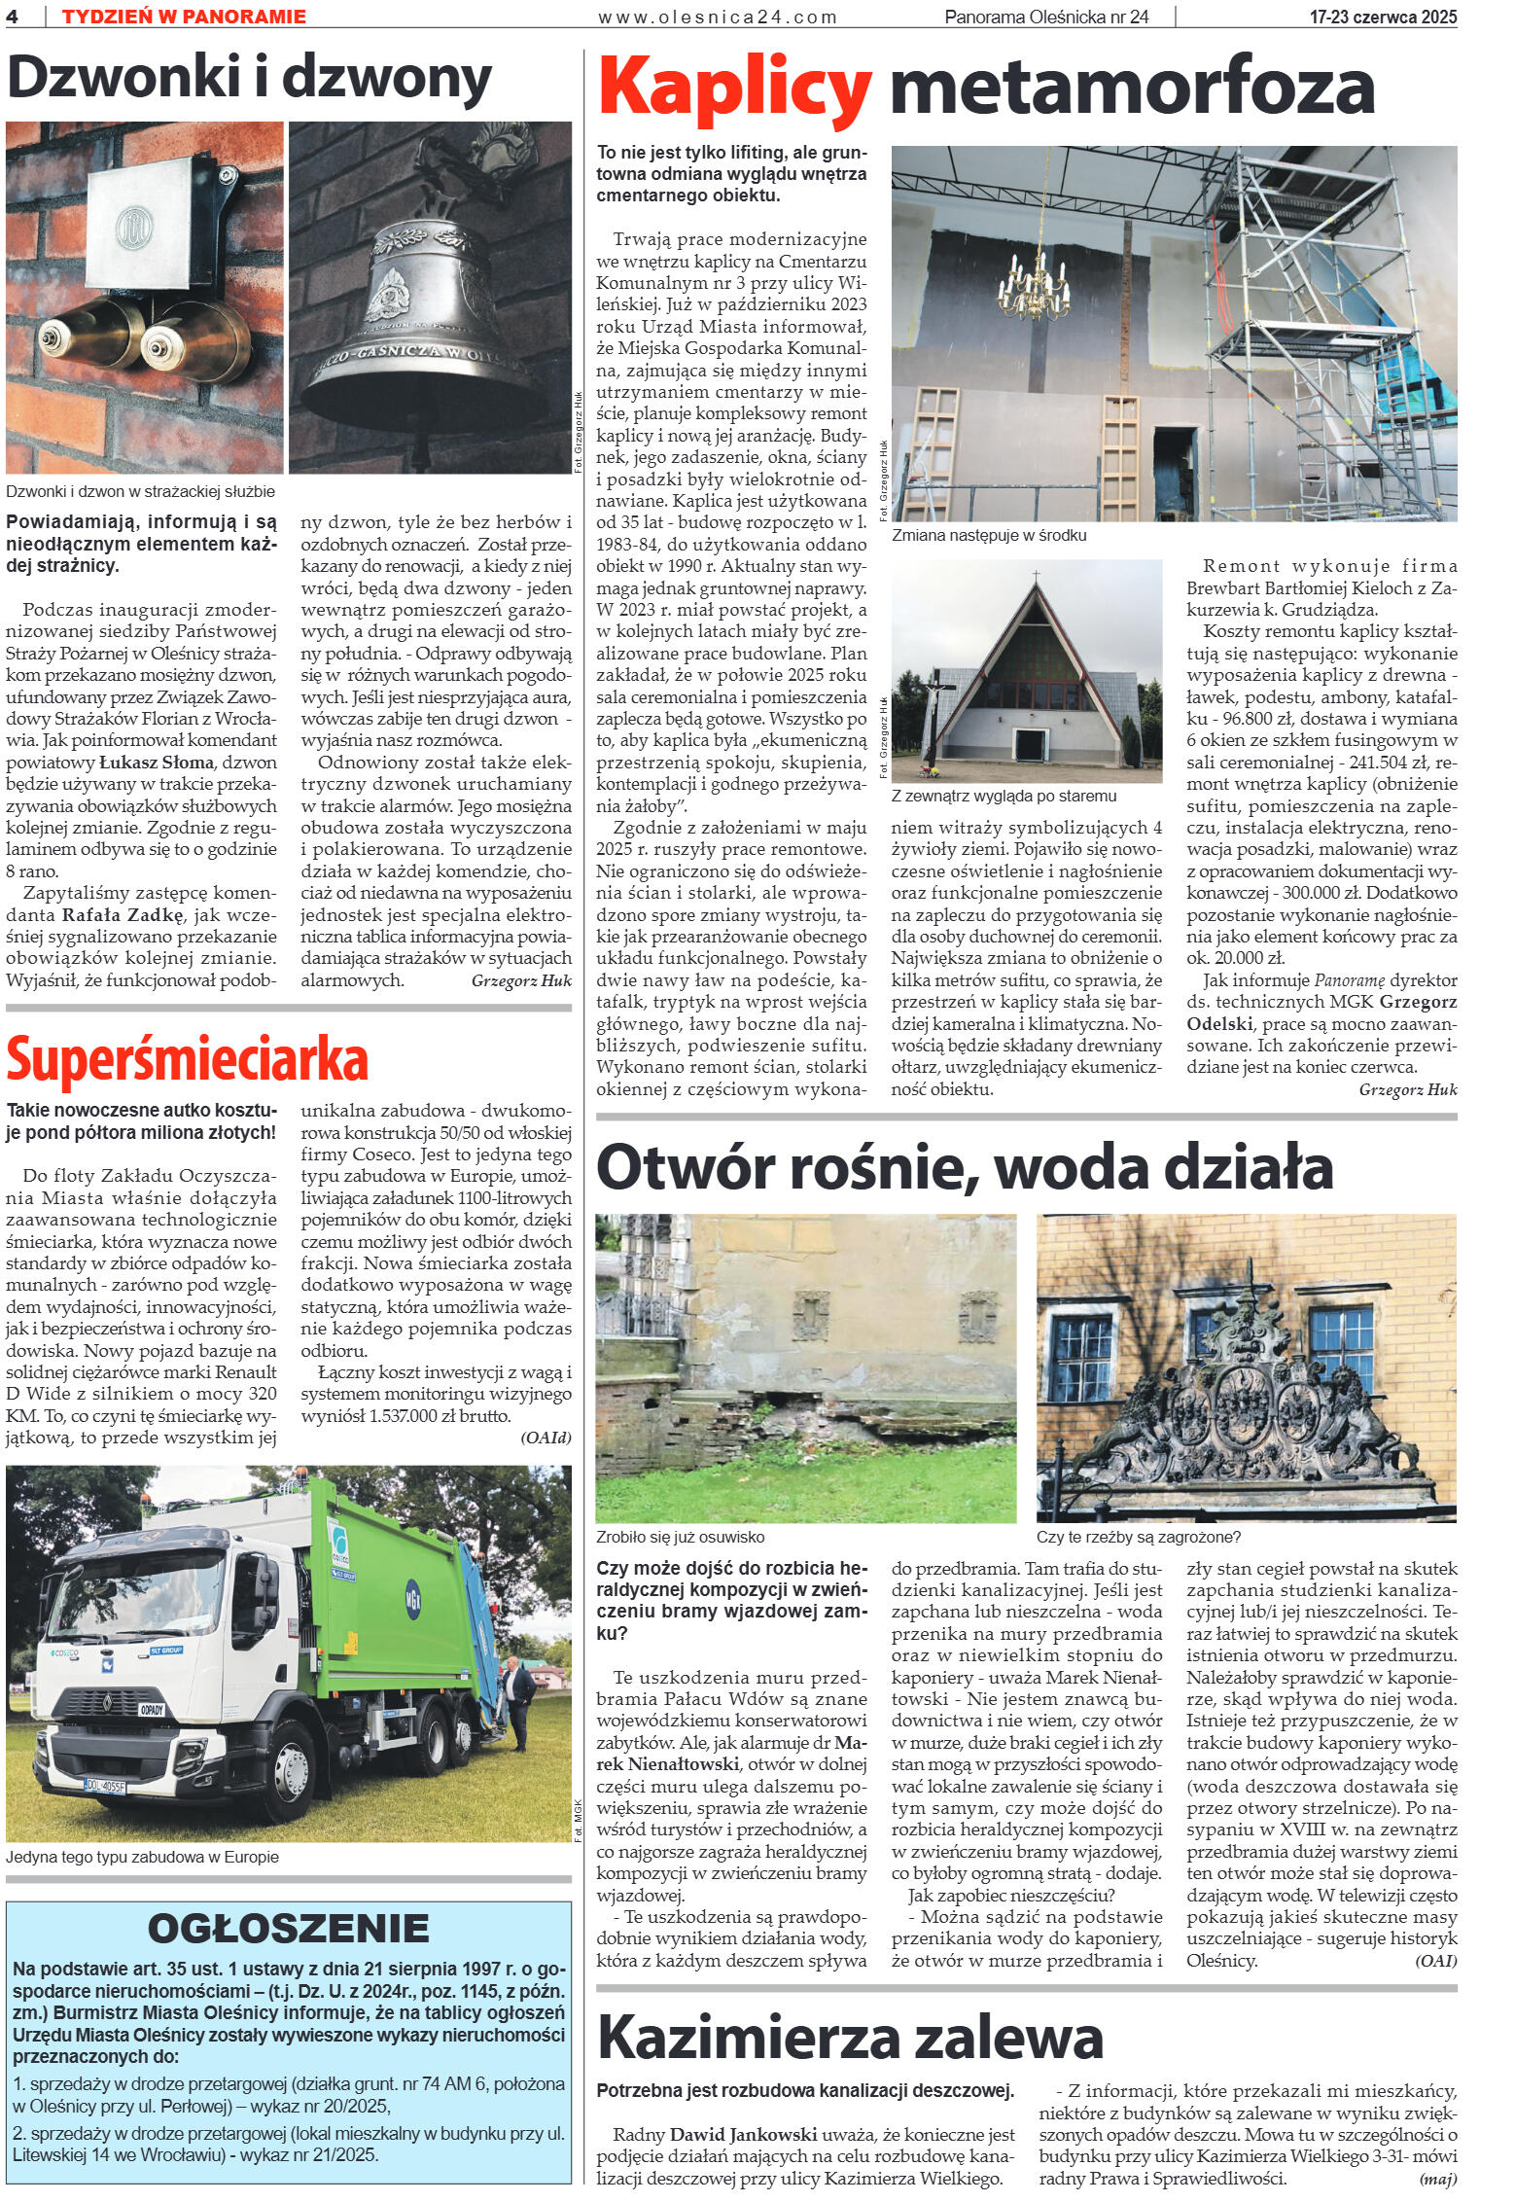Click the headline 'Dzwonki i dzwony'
[249, 81]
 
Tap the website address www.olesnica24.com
[718, 17]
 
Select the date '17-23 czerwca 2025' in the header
[1383, 17]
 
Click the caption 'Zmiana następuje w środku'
[989, 535]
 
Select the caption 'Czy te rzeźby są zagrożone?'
[1139, 1538]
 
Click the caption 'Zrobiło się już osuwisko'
[681, 1538]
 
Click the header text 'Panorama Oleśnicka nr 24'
[1045, 17]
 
